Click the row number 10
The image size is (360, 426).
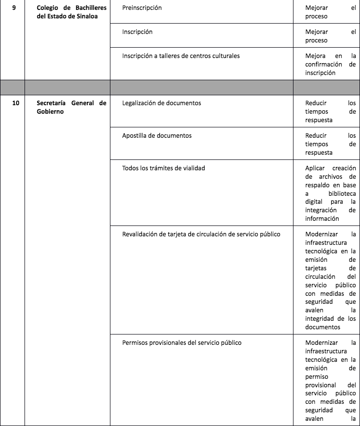pos(16,103)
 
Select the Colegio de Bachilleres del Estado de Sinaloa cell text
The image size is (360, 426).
pos(71,13)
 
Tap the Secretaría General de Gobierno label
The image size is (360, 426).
pos(71,107)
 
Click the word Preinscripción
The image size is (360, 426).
pos(142,8)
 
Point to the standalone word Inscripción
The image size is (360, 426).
pos(137,32)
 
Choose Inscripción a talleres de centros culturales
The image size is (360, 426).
pos(181,56)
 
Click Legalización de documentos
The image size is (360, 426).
pos(161,103)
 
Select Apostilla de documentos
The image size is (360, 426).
pos(157,136)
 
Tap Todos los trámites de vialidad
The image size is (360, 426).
pos(163,168)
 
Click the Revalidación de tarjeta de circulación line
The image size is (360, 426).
pos(201,234)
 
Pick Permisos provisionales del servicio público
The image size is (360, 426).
pos(182,343)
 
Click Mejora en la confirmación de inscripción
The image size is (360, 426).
pos(330,64)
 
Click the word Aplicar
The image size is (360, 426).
pos(316,168)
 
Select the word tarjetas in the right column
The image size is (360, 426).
pos(316,268)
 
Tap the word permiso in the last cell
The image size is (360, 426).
pos(317,376)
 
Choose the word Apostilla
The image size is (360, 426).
pos(135,136)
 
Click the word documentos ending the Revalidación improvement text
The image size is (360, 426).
pos(323,327)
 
